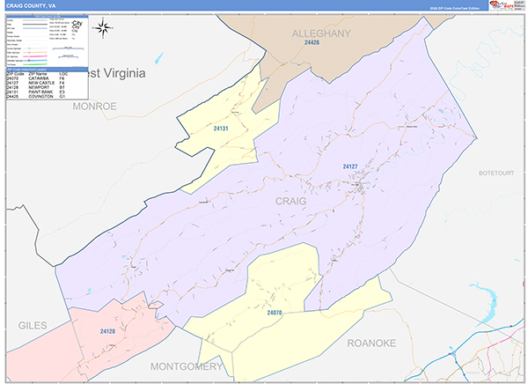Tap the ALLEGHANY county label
click(x=320, y=33)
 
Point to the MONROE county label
click(x=95, y=106)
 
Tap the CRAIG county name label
click(x=291, y=202)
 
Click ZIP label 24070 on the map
click(x=274, y=312)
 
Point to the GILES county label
click(x=32, y=326)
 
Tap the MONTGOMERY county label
click(x=186, y=366)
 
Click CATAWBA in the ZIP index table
click(x=39, y=79)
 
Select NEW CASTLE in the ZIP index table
click(x=40, y=84)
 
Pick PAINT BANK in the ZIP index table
click(x=40, y=92)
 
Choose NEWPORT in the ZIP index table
click(x=38, y=88)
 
